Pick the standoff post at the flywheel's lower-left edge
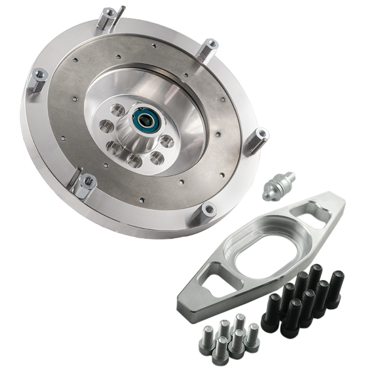pyautogui.click(x=85, y=185)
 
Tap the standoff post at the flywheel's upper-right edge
pyautogui.click(x=208, y=49)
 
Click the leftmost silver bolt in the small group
pyautogui.click(x=206, y=342)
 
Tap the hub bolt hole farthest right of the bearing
pyautogui.click(x=166, y=142)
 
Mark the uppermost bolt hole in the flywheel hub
pyautogui.click(x=117, y=109)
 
